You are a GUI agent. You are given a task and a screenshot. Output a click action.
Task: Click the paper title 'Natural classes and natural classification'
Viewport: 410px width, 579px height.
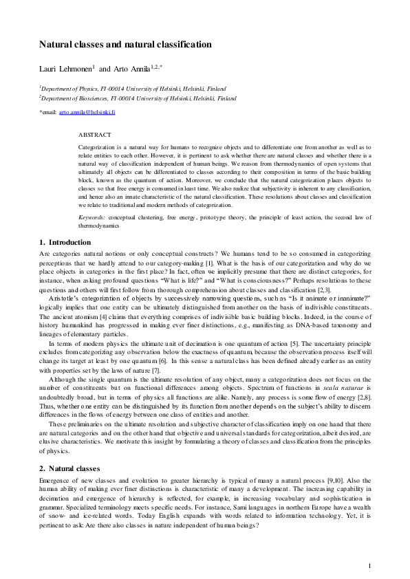tap(125, 45)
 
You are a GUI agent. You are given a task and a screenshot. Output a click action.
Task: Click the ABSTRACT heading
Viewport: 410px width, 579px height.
tap(94, 135)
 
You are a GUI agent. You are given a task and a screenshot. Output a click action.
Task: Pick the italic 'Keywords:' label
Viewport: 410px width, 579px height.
tap(91, 217)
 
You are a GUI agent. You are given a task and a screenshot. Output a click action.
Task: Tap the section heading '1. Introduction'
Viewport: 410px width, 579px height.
tap(65, 242)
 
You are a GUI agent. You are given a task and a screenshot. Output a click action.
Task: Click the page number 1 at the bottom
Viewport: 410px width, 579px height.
tap(369, 565)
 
